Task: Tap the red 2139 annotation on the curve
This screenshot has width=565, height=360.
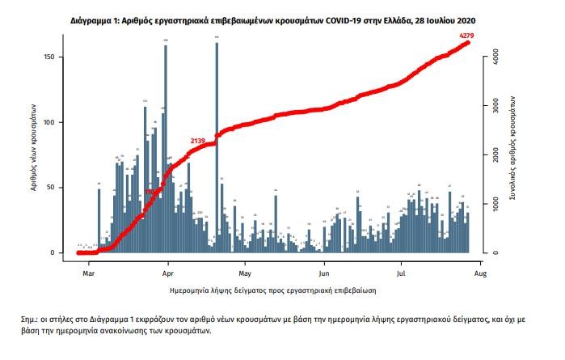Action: tap(198, 141)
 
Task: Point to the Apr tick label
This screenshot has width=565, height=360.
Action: tap(167, 265)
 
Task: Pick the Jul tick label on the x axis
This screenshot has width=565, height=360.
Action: tap(401, 265)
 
